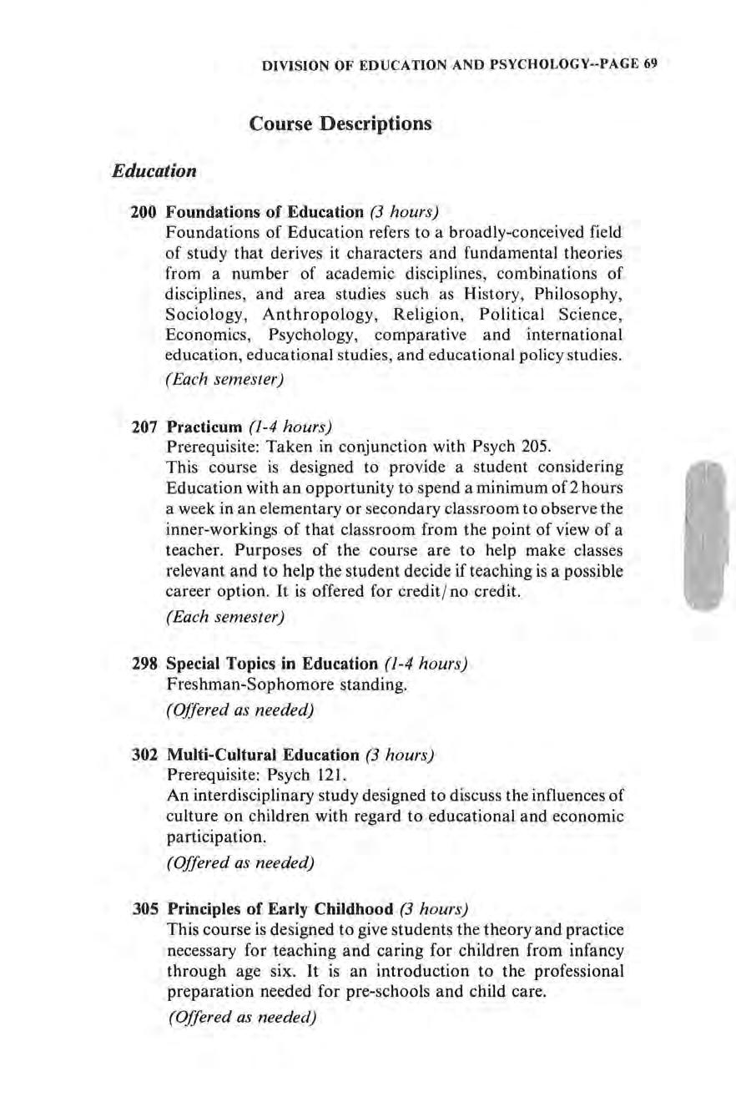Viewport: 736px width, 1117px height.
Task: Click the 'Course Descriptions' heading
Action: pos(340,124)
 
